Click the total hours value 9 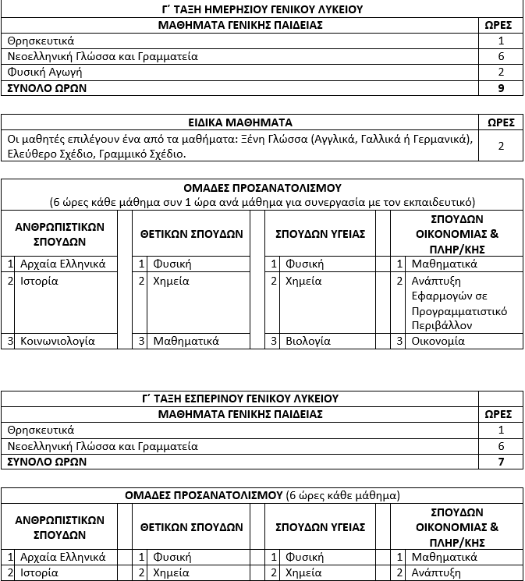click(501, 88)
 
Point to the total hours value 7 click(501, 462)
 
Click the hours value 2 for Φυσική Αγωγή click(501, 73)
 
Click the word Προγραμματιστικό click(459, 311)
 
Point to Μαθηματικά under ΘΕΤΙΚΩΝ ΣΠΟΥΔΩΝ click(186, 341)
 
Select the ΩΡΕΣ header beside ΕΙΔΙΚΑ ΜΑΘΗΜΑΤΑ click(501, 122)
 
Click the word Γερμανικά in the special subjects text click(443, 139)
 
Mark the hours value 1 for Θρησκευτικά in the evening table click(501, 430)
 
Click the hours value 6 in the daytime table click(501, 56)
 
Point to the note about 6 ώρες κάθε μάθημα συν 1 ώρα click(262, 201)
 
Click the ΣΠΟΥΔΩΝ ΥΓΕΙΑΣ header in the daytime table click(321, 233)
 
